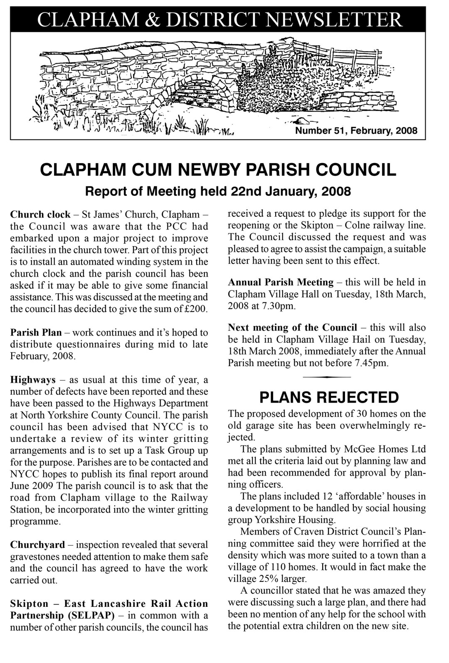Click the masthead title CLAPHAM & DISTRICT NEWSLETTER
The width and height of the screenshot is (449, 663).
point(220,19)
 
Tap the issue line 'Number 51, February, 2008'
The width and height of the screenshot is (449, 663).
point(356,131)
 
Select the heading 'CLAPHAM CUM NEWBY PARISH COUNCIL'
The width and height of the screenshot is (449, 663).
point(218,170)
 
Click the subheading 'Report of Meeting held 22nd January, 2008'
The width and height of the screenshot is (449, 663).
point(218,191)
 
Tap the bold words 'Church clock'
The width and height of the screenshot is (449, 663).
point(40,215)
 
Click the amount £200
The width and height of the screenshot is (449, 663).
point(195,309)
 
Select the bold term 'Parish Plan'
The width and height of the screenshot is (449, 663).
point(36,333)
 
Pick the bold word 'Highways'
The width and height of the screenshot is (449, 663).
point(33,380)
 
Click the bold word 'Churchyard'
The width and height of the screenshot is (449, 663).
point(37,545)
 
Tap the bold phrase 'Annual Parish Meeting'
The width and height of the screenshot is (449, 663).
point(281,282)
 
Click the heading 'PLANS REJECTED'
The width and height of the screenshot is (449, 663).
point(329,397)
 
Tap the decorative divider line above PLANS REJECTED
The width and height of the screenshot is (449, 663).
point(327,377)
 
